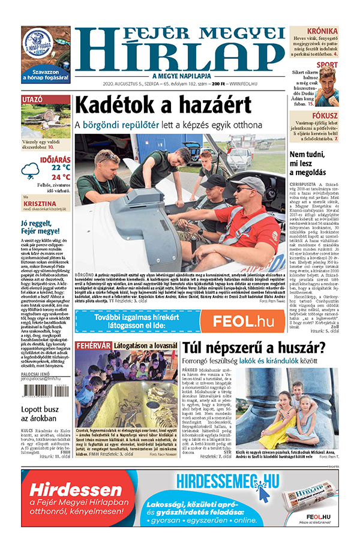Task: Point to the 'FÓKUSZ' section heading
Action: point(324,116)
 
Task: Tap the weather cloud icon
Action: point(30,172)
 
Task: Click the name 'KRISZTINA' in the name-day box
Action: point(39,204)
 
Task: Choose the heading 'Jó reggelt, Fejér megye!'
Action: point(40,227)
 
